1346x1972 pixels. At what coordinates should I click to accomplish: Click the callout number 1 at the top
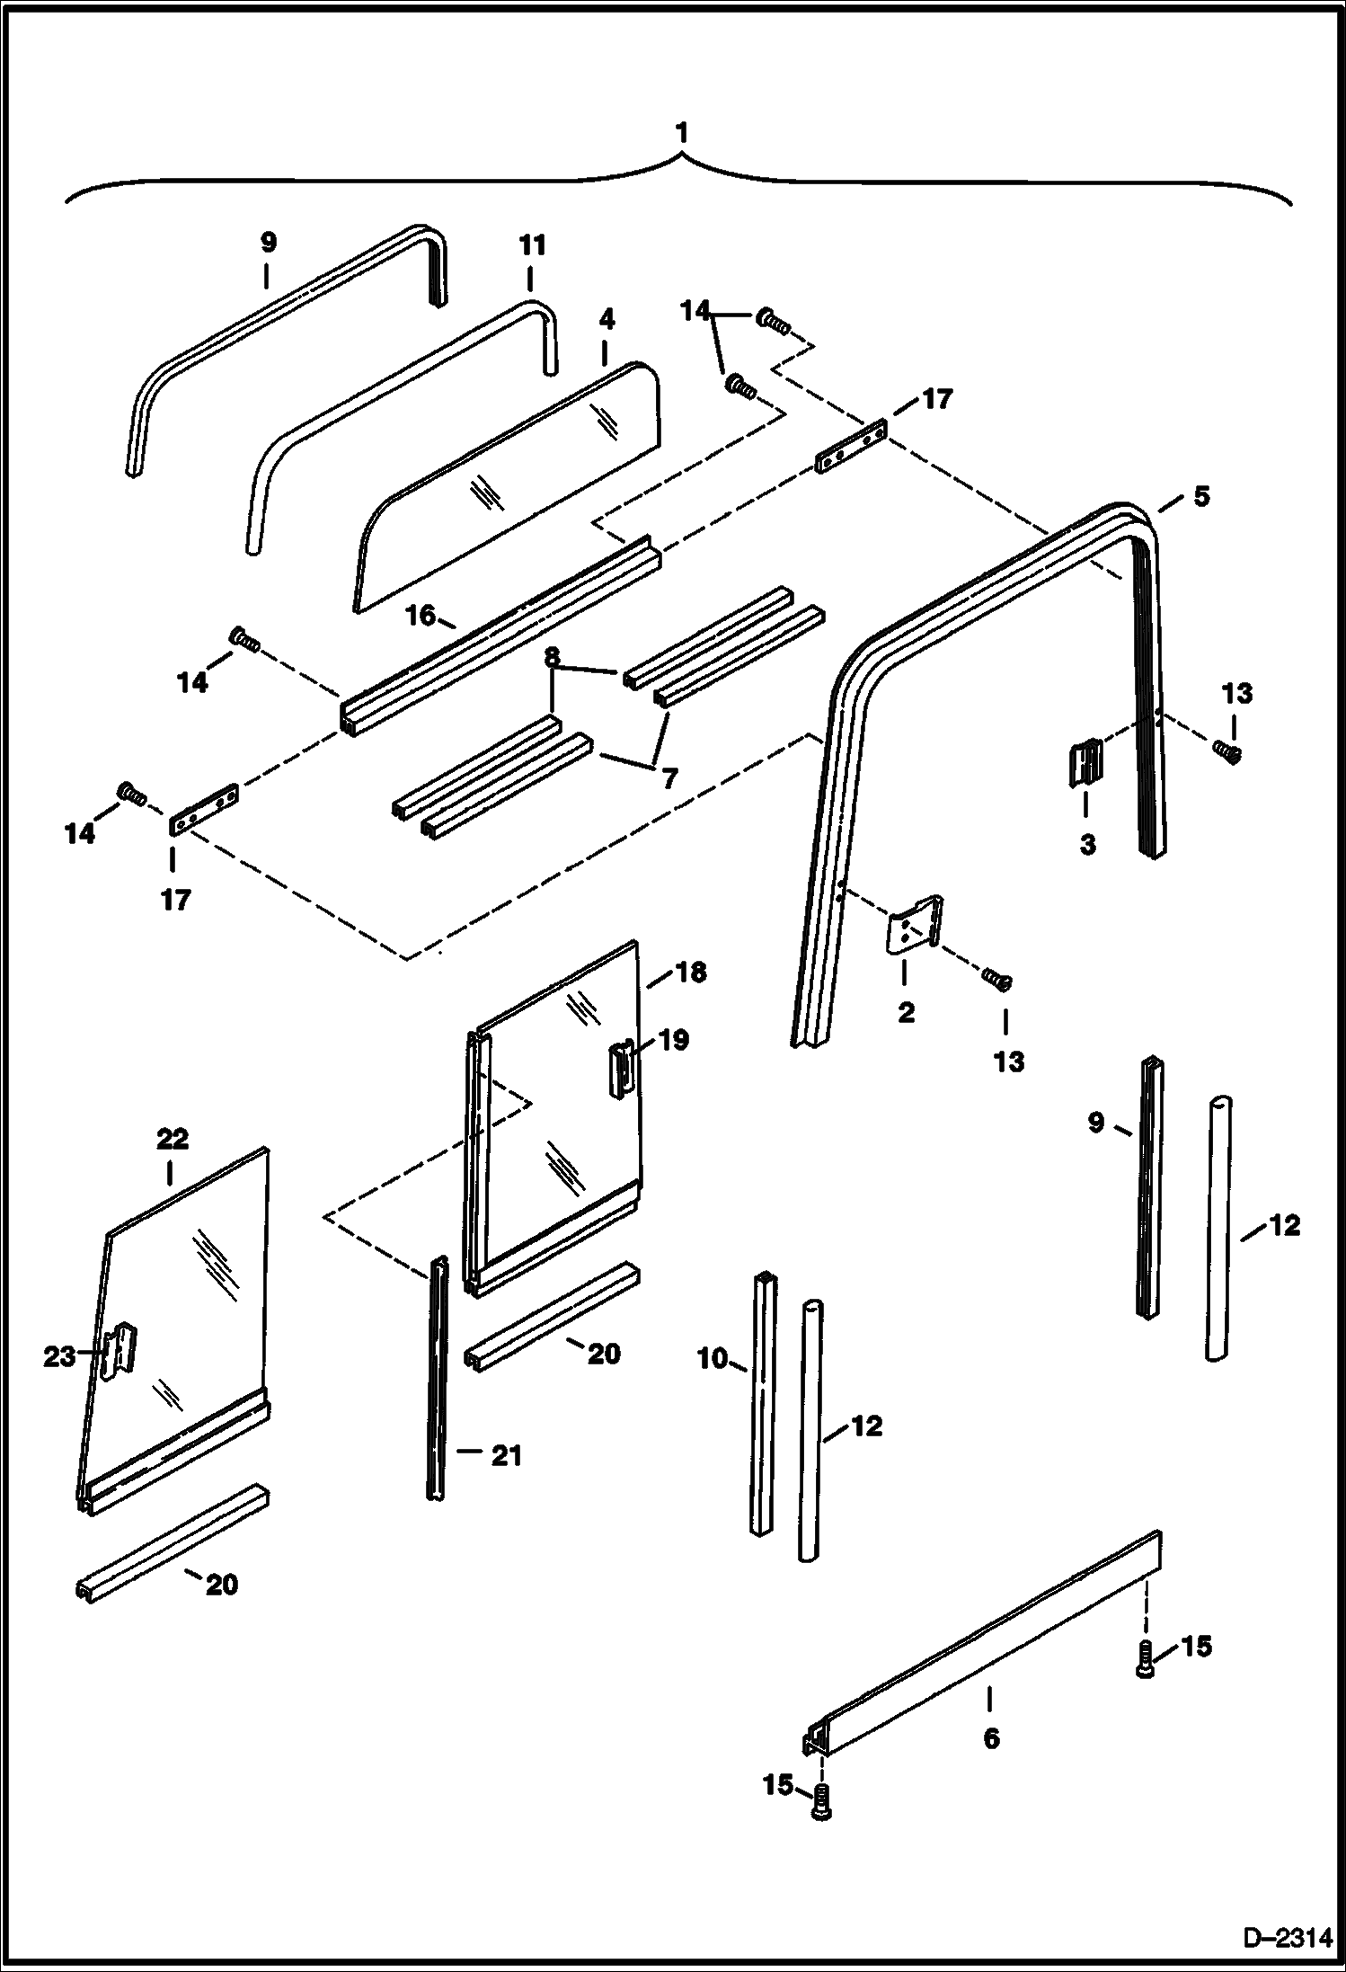click(x=682, y=133)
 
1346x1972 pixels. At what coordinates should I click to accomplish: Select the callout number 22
click(x=173, y=1139)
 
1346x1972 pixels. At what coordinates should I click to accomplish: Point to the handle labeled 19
click(x=622, y=1069)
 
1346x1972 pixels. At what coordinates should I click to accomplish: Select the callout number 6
click(x=990, y=1739)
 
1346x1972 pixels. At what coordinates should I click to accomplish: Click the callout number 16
click(x=420, y=616)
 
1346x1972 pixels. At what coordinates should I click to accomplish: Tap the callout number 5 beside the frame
click(x=1200, y=495)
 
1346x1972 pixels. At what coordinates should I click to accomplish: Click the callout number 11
click(x=531, y=244)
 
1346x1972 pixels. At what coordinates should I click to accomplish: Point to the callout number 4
click(x=607, y=319)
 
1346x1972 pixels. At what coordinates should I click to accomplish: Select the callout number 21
click(x=506, y=1454)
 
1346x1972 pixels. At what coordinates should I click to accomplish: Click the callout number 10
click(x=712, y=1358)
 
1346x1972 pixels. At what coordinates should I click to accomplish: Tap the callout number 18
click(x=690, y=972)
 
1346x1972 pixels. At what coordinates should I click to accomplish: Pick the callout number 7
click(x=669, y=777)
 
